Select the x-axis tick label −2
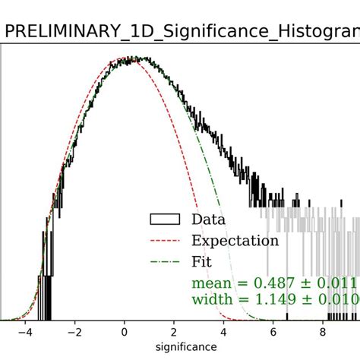pyautogui.click(x=74, y=332)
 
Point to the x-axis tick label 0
pyautogui.click(x=125, y=332)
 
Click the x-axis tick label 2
pyautogui.click(x=174, y=332)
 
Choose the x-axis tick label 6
pyautogui.click(x=273, y=332)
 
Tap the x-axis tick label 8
pyautogui.click(x=323, y=332)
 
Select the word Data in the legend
pyautogui.click(x=210, y=220)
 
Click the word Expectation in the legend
pyautogui.click(x=235, y=241)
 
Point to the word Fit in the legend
pyautogui.click(x=201, y=262)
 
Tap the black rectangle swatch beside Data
pyautogui.click(x=164, y=220)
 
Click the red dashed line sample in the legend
pyautogui.click(x=164, y=241)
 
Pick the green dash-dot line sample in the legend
pyautogui.click(x=164, y=262)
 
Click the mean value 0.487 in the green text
pyautogui.click(x=281, y=283)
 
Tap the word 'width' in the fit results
pyautogui.click(x=213, y=299)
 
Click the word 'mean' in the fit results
pyautogui.click(x=213, y=284)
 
